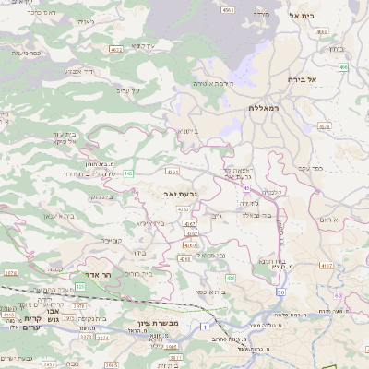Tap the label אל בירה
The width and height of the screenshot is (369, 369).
pyautogui.click(x=302, y=79)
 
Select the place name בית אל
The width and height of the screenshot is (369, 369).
pyautogui.click(x=303, y=16)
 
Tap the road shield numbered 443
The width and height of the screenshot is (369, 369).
pyautogui.click(x=128, y=173)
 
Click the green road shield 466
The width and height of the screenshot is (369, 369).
pyautogui.click(x=342, y=67)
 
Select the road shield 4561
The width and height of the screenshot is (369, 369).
pyautogui.click(x=228, y=9)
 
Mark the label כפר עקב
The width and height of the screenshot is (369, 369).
pyautogui.click(x=309, y=168)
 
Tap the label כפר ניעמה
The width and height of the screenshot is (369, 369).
pyautogui.click(x=25, y=54)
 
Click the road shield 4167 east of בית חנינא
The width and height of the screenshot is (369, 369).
pyautogui.click(x=326, y=265)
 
